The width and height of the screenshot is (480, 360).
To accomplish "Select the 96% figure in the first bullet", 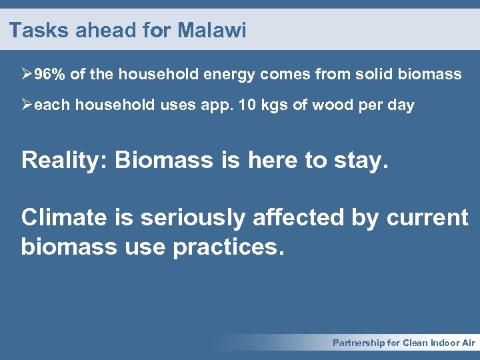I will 50,74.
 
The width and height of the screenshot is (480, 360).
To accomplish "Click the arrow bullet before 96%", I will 27,74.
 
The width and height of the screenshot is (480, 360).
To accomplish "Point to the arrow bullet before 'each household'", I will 27,105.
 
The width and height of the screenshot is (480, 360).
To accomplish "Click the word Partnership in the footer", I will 358,343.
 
